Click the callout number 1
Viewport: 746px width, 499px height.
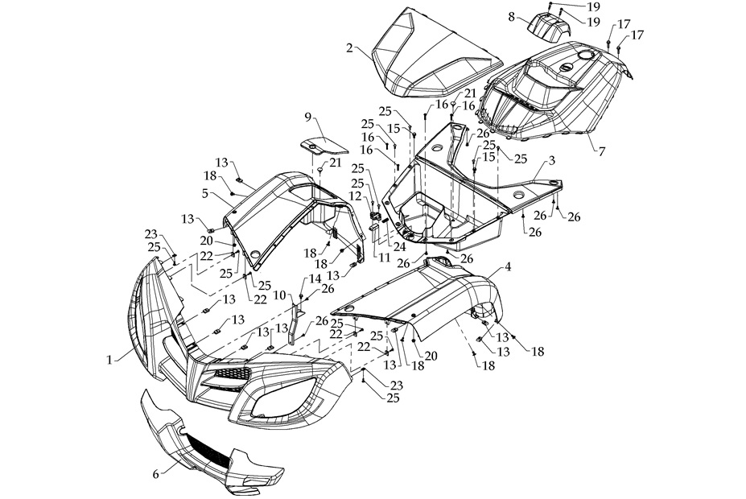(109, 361)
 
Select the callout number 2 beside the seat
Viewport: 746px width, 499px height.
(349, 47)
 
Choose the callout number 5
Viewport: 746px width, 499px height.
(205, 193)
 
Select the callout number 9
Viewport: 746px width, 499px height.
(308, 117)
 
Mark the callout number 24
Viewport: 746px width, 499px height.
(400, 246)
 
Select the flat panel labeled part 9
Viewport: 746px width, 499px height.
(320, 146)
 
